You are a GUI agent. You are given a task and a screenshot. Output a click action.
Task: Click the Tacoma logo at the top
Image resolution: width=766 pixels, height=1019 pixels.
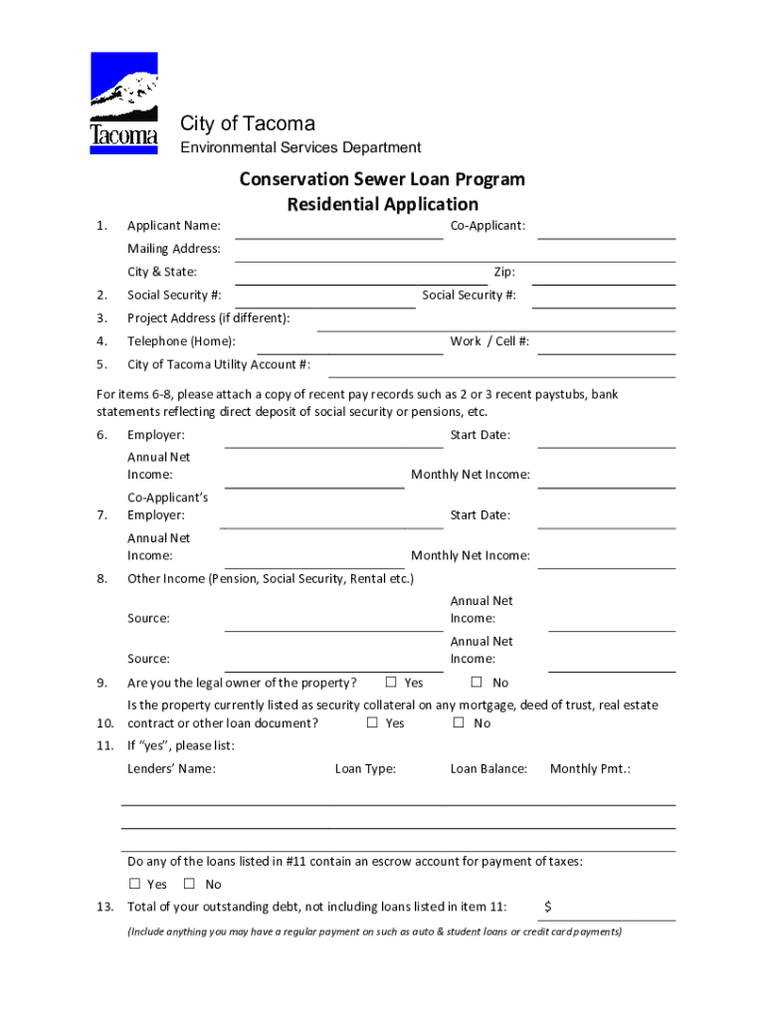coord(123,103)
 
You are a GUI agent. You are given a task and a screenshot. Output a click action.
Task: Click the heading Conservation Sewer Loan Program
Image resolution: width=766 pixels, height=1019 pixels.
coord(382,180)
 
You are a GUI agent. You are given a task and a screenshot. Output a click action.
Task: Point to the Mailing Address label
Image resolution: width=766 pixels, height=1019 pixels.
coord(173,249)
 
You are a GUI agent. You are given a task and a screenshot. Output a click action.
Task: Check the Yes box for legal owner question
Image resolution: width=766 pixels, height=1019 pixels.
coord(391,683)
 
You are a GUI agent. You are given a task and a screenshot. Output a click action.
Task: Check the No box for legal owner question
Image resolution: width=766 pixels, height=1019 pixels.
coord(477,683)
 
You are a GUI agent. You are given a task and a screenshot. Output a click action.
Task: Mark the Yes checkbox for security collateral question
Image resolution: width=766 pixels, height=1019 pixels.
coord(372,723)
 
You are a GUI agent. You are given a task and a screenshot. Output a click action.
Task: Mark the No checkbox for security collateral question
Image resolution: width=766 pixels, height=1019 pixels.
coord(459,723)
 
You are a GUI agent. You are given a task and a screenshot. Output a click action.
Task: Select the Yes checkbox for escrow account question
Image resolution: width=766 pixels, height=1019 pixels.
coord(134,884)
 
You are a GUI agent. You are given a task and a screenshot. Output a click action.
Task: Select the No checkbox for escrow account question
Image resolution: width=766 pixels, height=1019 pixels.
coord(190,884)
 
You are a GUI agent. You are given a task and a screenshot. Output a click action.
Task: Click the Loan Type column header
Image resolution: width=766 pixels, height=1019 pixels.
coord(365,768)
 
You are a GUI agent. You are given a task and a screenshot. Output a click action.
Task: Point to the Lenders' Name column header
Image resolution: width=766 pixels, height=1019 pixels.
coord(171,768)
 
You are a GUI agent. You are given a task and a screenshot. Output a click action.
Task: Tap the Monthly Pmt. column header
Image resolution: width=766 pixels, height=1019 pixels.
coord(590,768)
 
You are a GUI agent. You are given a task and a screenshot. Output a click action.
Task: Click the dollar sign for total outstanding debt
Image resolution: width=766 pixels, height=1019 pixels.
coord(548,907)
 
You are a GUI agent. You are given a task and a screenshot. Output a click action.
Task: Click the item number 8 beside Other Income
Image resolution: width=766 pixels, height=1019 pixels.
coord(101,578)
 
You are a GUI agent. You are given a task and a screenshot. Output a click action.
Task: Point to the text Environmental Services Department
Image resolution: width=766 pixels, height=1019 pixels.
coord(299,147)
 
